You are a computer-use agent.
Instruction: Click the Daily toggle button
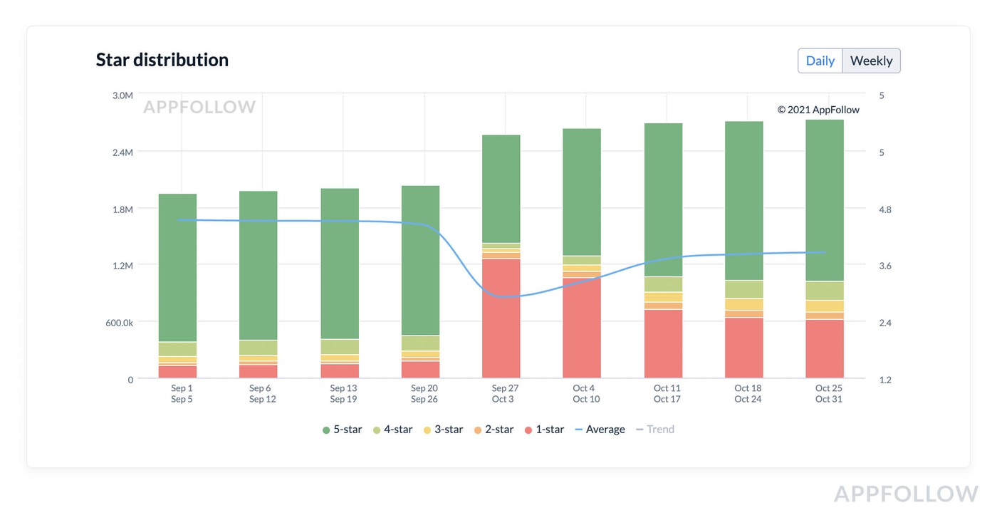820,61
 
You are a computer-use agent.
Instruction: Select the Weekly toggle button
871,61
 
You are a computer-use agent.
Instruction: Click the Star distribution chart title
162,60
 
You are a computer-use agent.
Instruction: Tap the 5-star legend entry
343,430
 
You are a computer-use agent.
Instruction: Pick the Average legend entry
600,430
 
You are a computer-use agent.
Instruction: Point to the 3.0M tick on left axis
122,95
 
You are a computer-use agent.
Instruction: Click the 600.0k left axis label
120,323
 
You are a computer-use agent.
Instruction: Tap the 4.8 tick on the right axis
885,209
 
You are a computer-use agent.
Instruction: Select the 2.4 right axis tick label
885,323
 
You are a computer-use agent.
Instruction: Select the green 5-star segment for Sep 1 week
178,267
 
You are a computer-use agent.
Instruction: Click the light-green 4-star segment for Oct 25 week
825,291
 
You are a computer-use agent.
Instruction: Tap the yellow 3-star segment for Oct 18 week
744,304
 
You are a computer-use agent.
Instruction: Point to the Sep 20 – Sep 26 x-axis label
424,394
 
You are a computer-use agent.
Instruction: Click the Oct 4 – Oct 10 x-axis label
585,394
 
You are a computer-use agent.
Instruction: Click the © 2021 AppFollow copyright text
818,110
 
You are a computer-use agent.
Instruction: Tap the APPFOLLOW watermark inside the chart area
199,108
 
